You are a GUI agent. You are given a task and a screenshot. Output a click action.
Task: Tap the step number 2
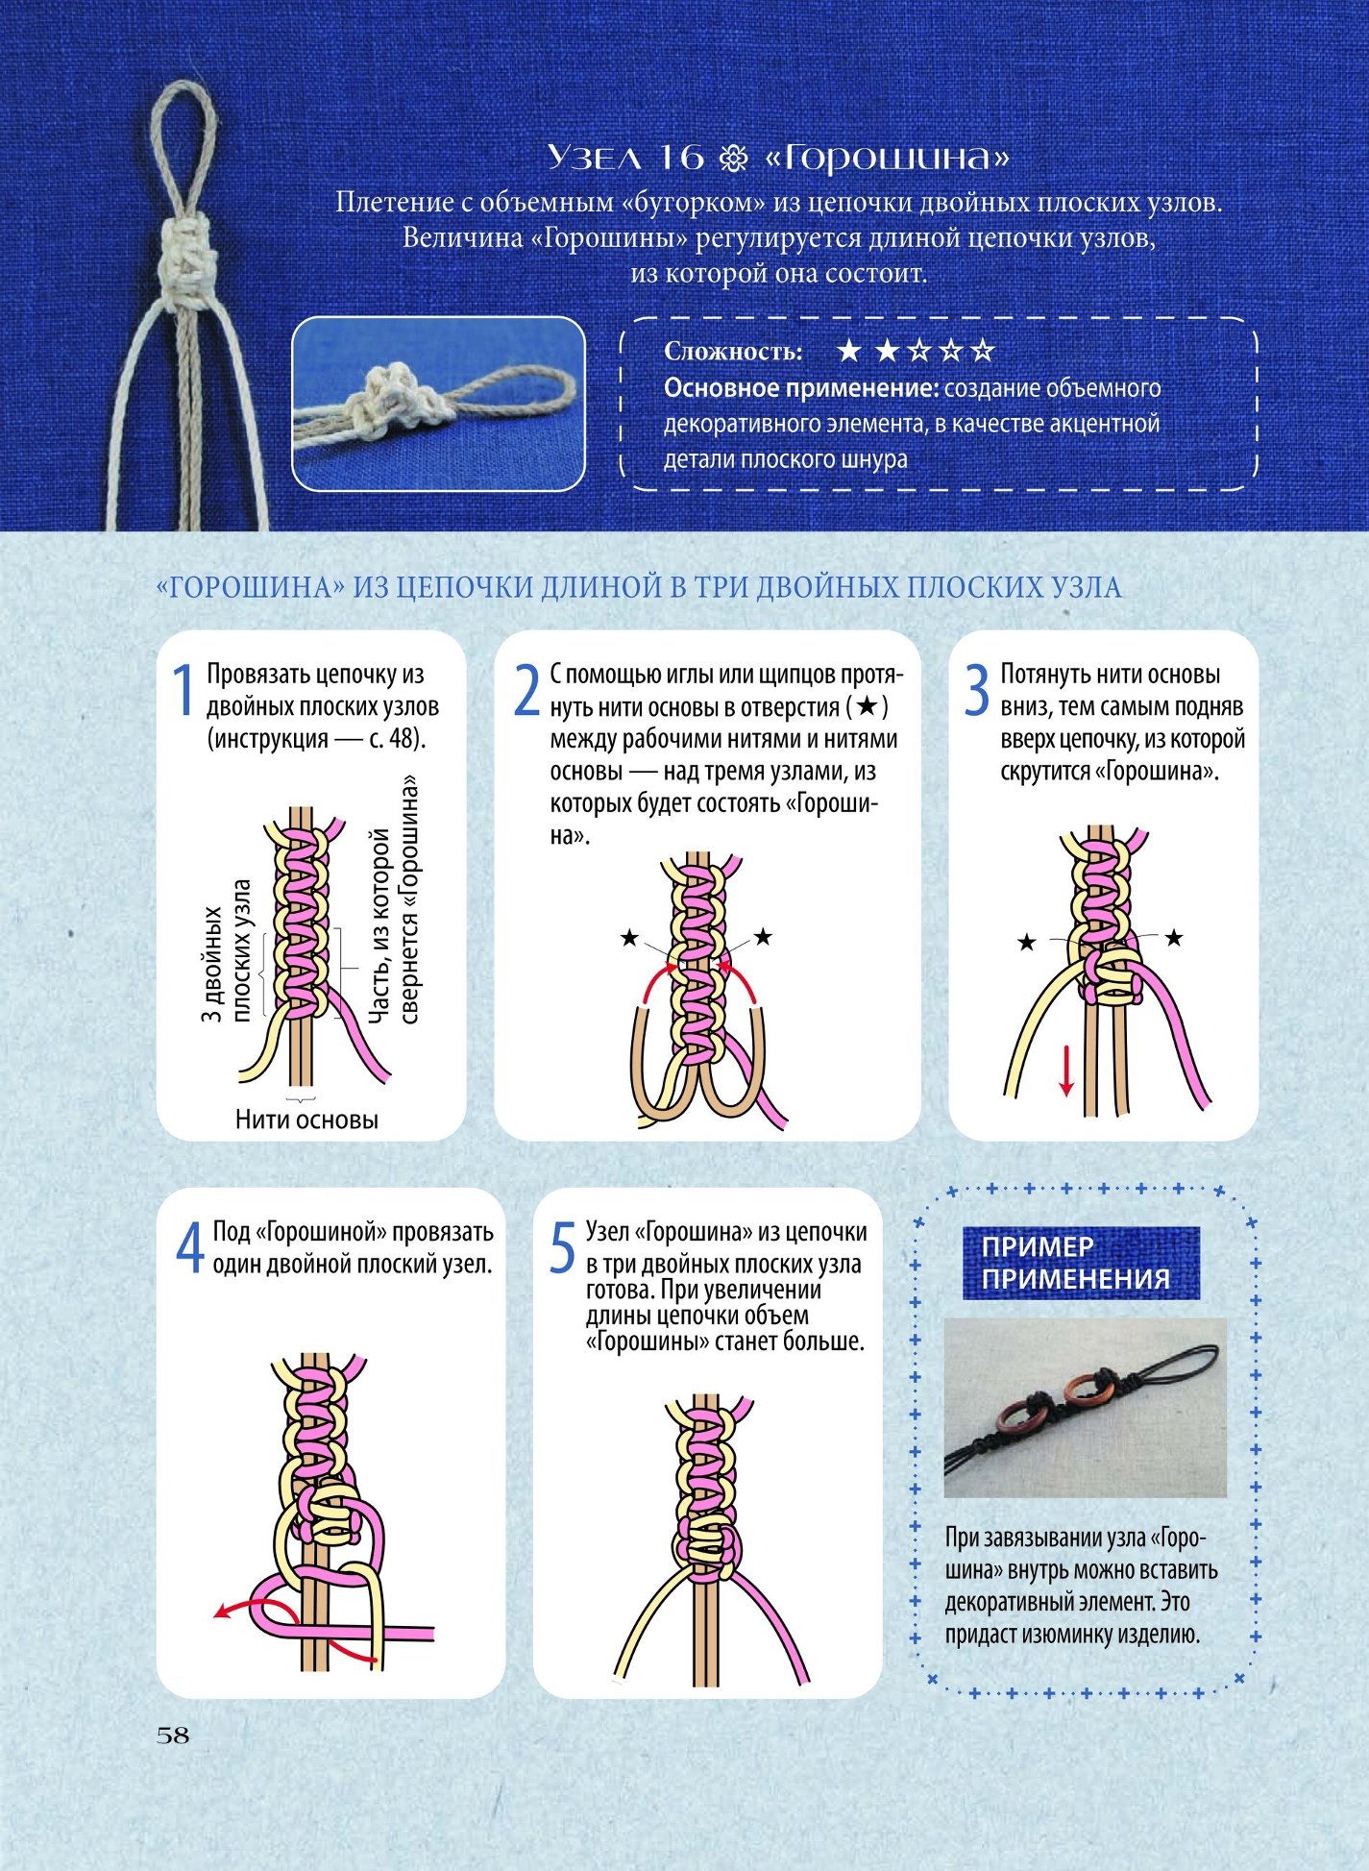point(526,690)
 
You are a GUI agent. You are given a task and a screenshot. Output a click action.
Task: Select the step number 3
point(976,690)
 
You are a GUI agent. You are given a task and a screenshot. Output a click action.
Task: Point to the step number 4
point(190,1247)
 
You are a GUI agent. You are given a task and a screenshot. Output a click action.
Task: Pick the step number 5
point(562,1247)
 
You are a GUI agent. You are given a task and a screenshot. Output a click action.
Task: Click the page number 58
point(173,1735)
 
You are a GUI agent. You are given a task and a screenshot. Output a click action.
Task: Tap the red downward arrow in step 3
point(1065,1071)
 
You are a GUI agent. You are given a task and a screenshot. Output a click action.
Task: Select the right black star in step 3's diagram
point(1174,938)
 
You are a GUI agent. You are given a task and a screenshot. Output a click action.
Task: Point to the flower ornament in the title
point(734,159)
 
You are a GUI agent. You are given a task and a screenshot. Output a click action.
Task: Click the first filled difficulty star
point(849,351)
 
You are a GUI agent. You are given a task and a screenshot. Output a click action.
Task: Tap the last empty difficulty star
point(982,351)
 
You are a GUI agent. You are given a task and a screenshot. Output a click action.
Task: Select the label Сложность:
point(733,352)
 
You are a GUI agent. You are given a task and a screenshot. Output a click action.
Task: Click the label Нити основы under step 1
point(306,1119)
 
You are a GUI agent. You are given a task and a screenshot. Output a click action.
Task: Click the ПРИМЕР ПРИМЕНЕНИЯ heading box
point(1081,1263)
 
